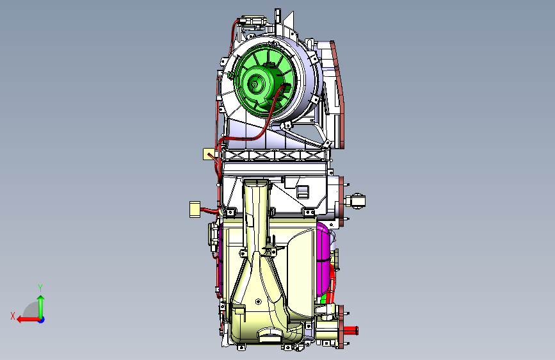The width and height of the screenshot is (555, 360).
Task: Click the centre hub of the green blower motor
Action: point(254,85)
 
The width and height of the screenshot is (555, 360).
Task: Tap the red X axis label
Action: point(13,316)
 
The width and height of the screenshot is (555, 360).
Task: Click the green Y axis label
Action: point(40,288)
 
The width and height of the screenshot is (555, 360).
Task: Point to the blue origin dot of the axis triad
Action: point(42,320)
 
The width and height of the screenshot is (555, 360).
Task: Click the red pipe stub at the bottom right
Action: point(351,331)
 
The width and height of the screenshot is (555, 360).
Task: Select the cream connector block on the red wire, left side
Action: point(195,209)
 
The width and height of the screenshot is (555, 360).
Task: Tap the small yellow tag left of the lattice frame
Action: point(209,154)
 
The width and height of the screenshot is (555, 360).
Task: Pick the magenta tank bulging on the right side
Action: point(323,259)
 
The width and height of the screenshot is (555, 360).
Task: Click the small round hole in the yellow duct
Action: point(258,302)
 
